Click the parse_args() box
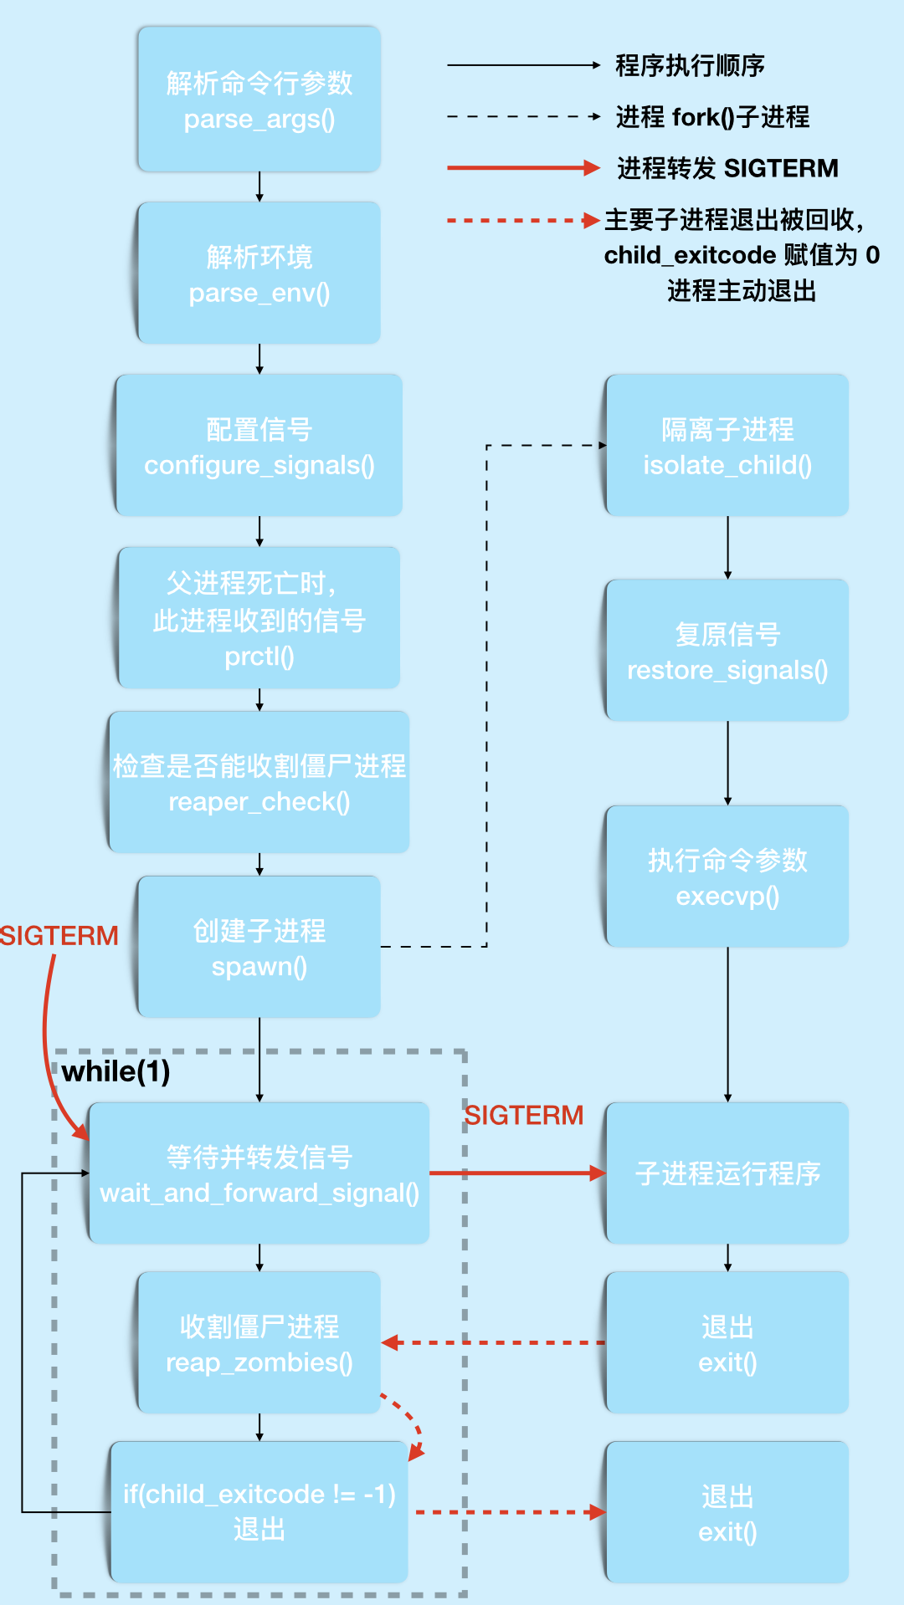pyautogui.click(x=259, y=100)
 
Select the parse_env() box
pyautogui.click(x=259, y=273)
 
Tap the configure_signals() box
pyautogui.click(x=259, y=446)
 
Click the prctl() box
pyautogui.click(x=259, y=618)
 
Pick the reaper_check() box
pyautogui.click(x=259, y=783)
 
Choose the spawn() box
pyautogui.click(x=259, y=947)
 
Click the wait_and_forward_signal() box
pyautogui.click(x=259, y=1173)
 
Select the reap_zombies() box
pyautogui.click(x=259, y=1343)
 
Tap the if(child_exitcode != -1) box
pyautogui.click(x=259, y=1511)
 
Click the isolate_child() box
pyautogui.click(x=727, y=446)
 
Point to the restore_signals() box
pyautogui.click(x=727, y=651)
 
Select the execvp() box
pyautogui.click(x=727, y=877)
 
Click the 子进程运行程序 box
pyautogui.click(x=727, y=1173)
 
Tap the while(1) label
pyautogui.click(x=116, y=1071)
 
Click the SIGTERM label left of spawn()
pyautogui.click(x=59, y=935)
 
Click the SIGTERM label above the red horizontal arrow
pyautogui.click(x=524, y=1115)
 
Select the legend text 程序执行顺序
pyautogui.click(x=690, y=65)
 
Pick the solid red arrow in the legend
pyautogui.click(x=523, y=168)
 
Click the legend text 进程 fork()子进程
pyautogui.click(x=712, y=117)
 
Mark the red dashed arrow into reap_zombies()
pyautogui.click(x=494, y=1343)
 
